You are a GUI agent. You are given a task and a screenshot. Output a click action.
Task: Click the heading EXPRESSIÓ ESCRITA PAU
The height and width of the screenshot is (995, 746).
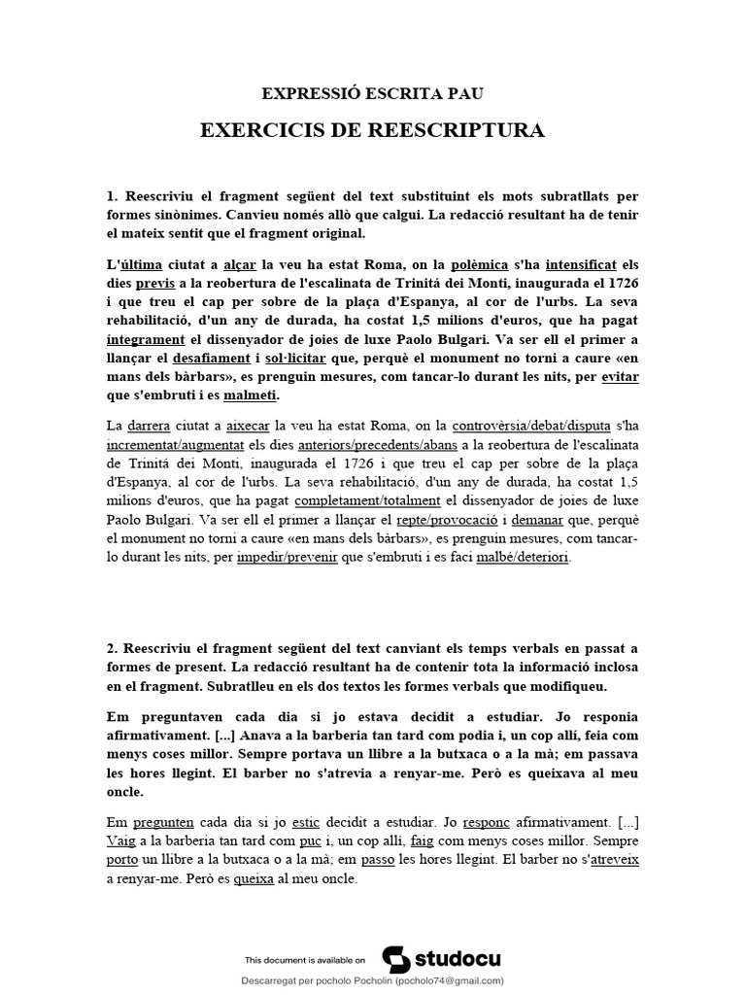372,93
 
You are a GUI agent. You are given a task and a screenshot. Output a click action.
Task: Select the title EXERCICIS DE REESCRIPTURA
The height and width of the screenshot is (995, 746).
372,131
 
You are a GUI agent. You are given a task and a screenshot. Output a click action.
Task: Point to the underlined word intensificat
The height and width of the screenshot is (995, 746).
580,264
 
